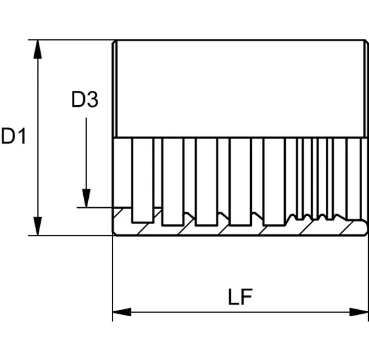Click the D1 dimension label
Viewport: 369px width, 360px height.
click(x=13, y=136)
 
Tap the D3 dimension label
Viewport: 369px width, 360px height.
click(x=85, y=100)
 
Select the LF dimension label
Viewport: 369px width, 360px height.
click(x=240, y=297)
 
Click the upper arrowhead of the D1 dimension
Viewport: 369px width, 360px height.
click(x=38, y=49)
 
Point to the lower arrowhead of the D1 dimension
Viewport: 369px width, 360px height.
click(x=38, y=226)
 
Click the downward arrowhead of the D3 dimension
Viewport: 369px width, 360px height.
click(x=86, y=198)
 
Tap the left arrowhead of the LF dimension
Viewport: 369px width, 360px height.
click(x=122, y=312)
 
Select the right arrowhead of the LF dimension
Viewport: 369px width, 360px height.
click(x=358, y=312)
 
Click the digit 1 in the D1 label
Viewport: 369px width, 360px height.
click(x=21, y=136)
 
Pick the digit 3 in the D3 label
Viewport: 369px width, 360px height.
click(x=93, y=100)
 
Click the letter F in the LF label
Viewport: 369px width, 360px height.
click(x=247, y=297)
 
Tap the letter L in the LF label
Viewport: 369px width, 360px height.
click(x=233, y=297)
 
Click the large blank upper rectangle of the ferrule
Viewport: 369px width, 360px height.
click(x=241, y=88)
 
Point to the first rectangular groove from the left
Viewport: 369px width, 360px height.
click(x=143, y=180)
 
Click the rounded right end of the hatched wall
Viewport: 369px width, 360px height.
click(x=365, y=227)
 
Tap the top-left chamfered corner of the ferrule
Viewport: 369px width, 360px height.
click(x=114, y=43)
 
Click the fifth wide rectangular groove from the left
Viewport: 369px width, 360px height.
click(x=274, y=182)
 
